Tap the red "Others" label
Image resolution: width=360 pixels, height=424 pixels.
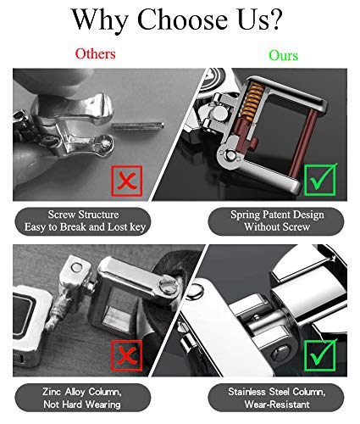[x=96, y=53]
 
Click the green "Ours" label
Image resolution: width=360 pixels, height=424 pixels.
[x=283, y=54]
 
